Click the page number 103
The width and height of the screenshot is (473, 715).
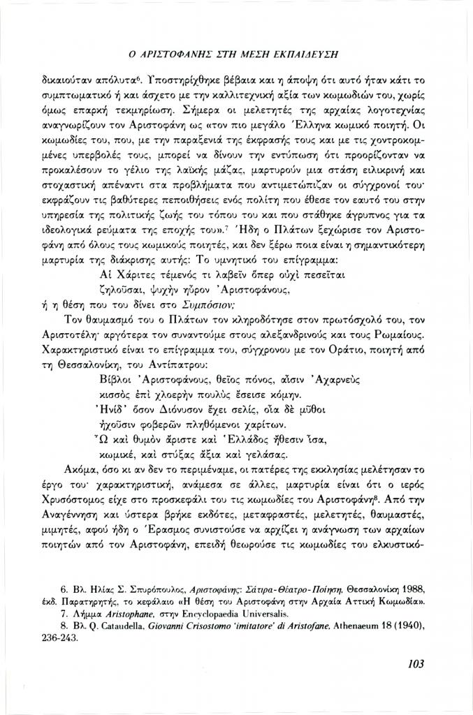414,663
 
